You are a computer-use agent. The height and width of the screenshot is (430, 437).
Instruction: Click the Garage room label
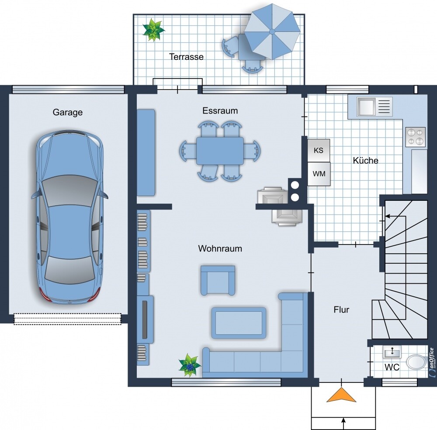click(x=68, y=112)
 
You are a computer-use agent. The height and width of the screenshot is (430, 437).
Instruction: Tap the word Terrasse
click(x=187, y=57)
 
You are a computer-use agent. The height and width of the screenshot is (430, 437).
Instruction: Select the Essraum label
click(x=220, y=110)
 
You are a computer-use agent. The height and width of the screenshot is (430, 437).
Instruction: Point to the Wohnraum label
click(x=220, y=248)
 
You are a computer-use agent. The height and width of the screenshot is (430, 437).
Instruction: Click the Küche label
click(x=365, y=160)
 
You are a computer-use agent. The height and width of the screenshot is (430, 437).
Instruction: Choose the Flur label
click(x=341, y=310)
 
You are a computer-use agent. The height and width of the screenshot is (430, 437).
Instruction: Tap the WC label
click(x=392, y=367)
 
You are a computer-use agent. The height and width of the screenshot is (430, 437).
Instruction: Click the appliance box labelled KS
click(x=319, y=150)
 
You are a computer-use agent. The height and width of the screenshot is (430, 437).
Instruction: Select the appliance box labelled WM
click(x=319, y=174)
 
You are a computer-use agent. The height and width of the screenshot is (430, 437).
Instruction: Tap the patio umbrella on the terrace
click(x=272, y=31)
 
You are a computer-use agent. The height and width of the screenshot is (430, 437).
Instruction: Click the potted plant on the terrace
click(x=153, y=30)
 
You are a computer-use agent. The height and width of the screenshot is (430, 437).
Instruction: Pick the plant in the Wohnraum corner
click(x=190, y=365)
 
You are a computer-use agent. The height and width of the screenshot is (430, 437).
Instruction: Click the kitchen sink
click(x=366, y=107)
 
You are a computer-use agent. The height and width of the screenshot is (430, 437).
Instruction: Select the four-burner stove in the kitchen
click(x=415, y=137)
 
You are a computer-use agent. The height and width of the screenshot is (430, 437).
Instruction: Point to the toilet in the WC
click(x=416, y=362)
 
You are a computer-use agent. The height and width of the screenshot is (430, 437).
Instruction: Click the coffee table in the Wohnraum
click(x=239, y=323)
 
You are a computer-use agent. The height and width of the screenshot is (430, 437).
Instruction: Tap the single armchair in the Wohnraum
click(x=218, y=280)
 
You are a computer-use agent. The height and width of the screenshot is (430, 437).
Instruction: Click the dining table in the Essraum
click(x=220, y=151)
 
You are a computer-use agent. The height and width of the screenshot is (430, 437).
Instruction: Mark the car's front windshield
click(x=69, y=191)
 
